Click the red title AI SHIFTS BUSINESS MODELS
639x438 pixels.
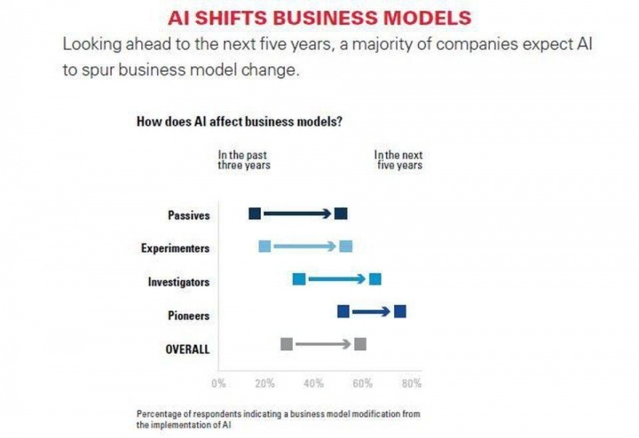click(x=319, y=18)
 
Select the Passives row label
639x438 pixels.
click(x=188, y=215)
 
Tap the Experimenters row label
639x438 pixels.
click(x=175, y=248)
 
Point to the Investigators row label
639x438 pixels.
click(x=178, y=282)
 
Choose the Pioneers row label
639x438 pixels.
click(x=188, y=316)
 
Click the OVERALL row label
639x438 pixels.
click(x=187, y=348)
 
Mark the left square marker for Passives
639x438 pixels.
click(x=255, y=214)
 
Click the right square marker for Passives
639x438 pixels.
click(x=342, y=214)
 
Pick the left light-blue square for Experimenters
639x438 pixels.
click(x=264, y=246)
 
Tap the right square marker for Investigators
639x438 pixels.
click(x=375, y=279)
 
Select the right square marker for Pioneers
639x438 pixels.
click(x=400, y=311)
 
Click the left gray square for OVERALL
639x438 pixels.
click(x=286, y=344)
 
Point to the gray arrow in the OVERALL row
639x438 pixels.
click(x=323, y=344)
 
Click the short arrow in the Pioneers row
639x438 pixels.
click(x=372, y=311)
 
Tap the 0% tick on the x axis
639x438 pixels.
click(x=218, y=384)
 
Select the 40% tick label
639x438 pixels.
click(x=313, y=384)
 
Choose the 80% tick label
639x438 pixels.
click(x=412, y=384)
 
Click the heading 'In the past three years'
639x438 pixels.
click(x=244, y=160)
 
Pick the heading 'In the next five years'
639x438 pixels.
click(x=398, y=160)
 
